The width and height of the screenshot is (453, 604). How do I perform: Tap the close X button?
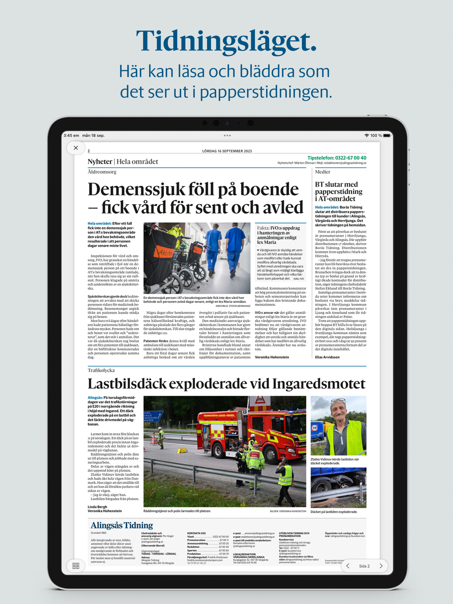[76, 148]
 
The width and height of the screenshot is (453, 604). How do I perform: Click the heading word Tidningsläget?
[226, 41]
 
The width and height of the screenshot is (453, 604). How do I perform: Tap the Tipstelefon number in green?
[337, 158]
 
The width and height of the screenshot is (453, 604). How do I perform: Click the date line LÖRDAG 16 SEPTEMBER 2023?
[227, 151]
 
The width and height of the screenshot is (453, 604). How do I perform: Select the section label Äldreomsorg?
[102, 172]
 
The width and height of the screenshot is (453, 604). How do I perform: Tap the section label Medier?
[323, 172]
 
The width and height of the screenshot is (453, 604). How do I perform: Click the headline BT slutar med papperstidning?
[338, 191]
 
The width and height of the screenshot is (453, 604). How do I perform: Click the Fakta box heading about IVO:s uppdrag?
[278, 235]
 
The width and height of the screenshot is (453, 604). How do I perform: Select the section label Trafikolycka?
[101, 370]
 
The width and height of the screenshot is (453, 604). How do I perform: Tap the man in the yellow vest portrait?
[338, 426]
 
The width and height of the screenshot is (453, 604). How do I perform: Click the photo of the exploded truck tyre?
[338, 488]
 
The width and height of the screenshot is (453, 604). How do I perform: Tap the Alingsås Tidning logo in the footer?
[121, 525]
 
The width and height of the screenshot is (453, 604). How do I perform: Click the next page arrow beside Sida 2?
[381, 566]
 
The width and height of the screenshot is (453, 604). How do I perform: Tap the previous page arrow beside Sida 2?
[348, 566]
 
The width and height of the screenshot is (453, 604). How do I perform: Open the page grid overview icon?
[76, 566]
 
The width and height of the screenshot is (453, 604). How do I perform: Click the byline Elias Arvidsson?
[327, 357]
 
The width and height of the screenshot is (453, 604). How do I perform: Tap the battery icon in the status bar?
[386, 135]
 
